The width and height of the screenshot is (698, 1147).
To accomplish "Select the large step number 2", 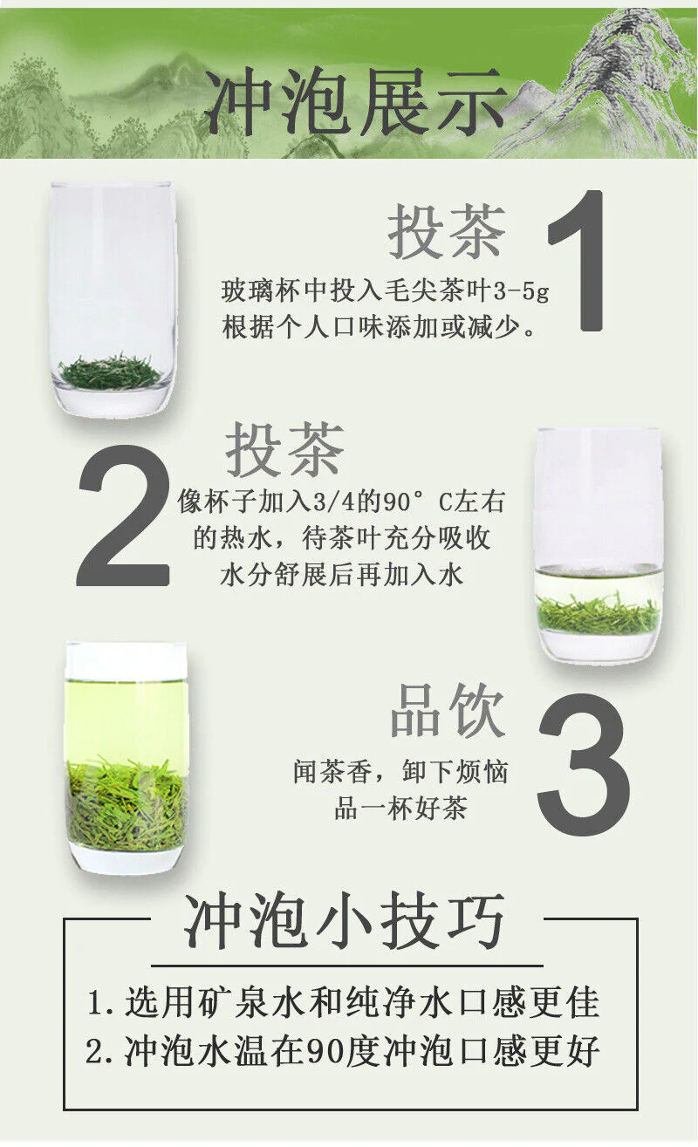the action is tap(123, 515).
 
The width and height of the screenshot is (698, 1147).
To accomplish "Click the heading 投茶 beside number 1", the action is tap(447, 231).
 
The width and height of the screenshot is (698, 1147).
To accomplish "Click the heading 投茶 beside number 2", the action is tap(284, 449).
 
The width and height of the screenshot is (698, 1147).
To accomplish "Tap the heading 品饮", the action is tap(448, 711).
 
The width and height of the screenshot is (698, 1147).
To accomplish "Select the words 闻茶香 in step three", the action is tap(332, 772).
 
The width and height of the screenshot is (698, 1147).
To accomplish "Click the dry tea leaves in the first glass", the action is tap(110, 372).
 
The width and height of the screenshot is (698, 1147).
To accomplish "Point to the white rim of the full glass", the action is tap(126, 661).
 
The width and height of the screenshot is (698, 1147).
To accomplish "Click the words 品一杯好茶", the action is tap(401, 809).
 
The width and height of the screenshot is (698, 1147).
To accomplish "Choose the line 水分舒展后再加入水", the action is tap(341, 575).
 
